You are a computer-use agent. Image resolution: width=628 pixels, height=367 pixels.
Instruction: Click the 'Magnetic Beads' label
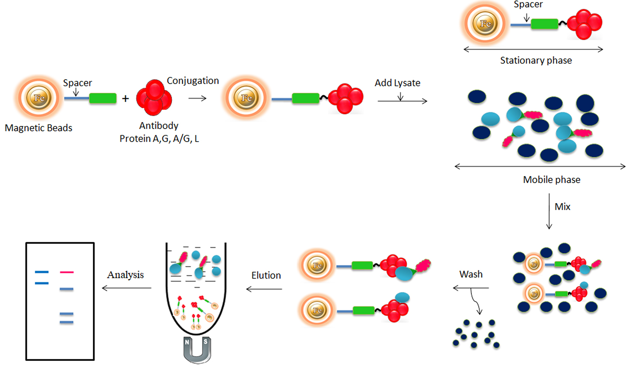(38, 128)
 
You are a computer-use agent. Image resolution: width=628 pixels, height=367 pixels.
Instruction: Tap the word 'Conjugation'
(193, 81)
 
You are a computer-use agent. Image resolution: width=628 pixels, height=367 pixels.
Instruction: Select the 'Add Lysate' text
(397, 83)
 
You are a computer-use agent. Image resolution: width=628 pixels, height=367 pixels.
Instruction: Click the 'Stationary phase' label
(536, 61)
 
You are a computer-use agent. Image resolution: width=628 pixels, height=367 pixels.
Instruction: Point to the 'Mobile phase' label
(551, 180)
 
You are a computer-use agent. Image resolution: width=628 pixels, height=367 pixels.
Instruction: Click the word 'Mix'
(562, 207)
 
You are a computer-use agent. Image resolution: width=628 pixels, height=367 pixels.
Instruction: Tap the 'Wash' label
(471, 274)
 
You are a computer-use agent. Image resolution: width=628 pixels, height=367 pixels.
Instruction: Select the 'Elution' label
(266, 275)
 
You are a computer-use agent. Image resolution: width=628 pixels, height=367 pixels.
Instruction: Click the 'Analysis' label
(126, 275)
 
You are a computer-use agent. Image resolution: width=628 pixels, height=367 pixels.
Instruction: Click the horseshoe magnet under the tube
(197, 350)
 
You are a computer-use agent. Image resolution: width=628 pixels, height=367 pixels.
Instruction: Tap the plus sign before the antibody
(126, 99)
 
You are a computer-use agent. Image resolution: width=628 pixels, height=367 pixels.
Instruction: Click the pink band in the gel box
(67, 272)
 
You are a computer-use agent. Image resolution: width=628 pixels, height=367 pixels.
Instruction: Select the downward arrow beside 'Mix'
(549, 211)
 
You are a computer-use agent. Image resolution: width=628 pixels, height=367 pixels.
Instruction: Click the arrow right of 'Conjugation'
(197, 99)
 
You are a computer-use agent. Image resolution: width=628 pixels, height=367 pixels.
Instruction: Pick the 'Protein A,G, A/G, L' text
(159, 139)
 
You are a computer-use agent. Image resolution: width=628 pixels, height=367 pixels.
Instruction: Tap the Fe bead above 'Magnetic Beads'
(39, 98)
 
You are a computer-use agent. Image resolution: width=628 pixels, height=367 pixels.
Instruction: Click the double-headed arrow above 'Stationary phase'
(533, 49)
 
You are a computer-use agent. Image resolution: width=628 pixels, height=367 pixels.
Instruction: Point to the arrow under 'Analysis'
(126, 288)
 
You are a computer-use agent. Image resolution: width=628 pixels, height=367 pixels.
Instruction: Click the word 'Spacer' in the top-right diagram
(528, 4)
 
